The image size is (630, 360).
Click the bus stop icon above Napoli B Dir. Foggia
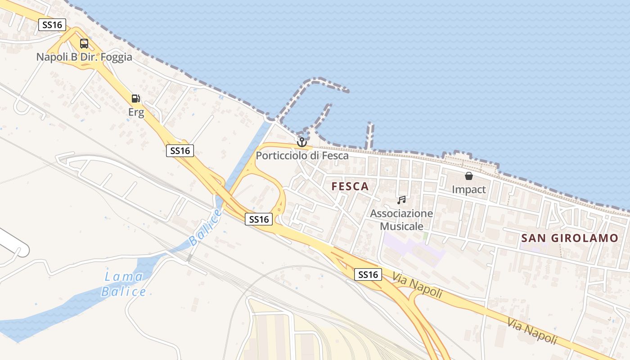[x=84, y=44]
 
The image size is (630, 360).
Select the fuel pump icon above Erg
[x=135, y=99]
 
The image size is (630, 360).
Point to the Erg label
[x=136, y=112]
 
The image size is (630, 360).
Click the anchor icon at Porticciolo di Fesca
[x=301, y=142]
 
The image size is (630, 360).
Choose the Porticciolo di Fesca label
[x=302, y=156]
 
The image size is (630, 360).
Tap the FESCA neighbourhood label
[x=350, y=186]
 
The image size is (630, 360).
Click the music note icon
[x=401, y=200]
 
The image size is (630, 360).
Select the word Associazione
[x=401, y=213]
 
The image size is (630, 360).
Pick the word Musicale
[x=401, y=226]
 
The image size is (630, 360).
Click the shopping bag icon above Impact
[x=468, y=176]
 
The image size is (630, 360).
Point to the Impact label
[x=468, y=189]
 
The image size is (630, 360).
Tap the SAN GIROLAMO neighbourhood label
[x=570, y=238]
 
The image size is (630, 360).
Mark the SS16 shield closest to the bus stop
[x=52, y=25]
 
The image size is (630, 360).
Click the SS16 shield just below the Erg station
[x=180, y=151]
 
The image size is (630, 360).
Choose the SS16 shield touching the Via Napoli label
[x=368, y=274]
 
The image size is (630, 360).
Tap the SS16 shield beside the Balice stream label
[x=259, y=219]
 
